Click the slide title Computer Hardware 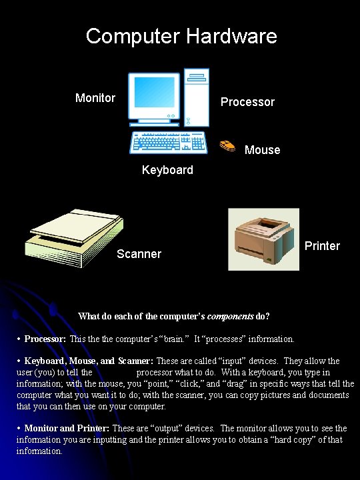181,35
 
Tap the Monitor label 95,98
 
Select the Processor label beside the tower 247,102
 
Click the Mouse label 262,150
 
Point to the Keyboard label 167,170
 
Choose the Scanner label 139,254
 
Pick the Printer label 322,246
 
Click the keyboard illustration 169,142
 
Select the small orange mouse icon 227,145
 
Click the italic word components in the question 228,315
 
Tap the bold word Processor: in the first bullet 45,339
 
